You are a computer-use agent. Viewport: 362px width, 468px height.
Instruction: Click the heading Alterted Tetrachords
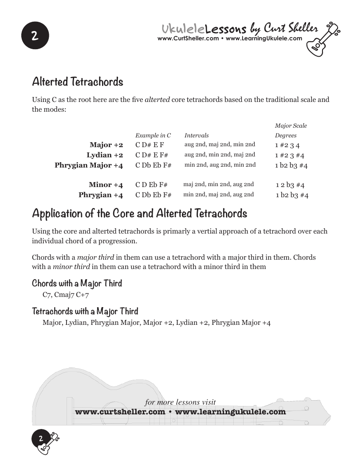click(78, 82)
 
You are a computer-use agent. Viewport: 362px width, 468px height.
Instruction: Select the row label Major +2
click(106, 145)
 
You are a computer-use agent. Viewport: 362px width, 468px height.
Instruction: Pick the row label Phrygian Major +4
click(89, 165)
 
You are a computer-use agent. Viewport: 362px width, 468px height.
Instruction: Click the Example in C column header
click(153, 136)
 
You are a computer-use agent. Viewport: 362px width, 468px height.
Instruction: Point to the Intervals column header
click(197, 136)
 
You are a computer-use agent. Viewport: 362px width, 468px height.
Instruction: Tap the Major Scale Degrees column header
click(291, 131)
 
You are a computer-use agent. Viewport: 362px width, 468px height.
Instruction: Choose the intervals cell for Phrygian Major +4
click(220, 165)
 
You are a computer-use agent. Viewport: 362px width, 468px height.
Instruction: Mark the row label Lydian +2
click(105, 155)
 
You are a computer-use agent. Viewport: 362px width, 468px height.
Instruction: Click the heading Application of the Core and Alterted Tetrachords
click(139, 214)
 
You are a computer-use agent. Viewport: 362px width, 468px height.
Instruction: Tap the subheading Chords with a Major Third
click(77, 283)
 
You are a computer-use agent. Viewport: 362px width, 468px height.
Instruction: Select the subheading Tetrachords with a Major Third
click(85, 311)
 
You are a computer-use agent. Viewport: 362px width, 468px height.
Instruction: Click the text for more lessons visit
click(180, 402)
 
